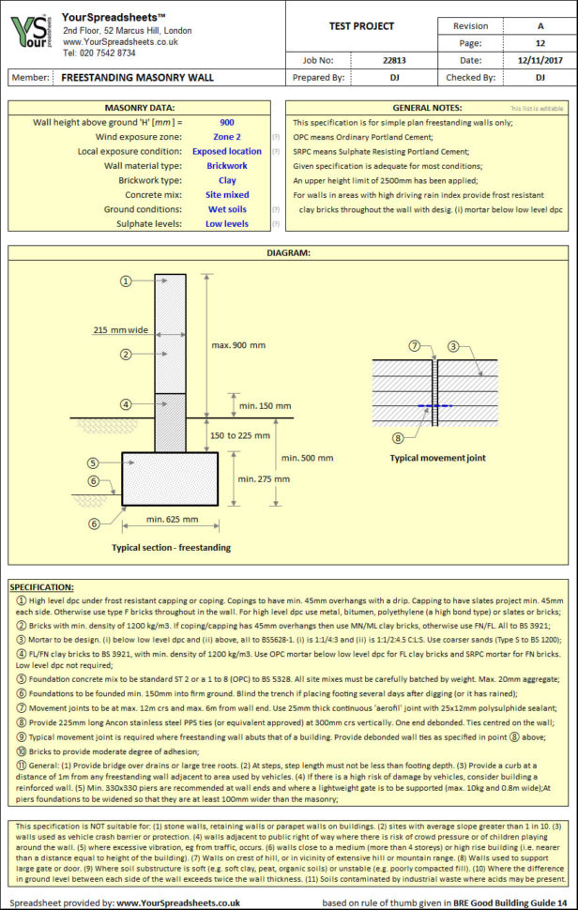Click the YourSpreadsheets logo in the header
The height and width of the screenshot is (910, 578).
(32, 35)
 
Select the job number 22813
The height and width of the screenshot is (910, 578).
(394, 60)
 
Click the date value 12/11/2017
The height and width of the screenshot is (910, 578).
(540, 60)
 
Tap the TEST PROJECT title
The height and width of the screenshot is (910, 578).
(361, 26)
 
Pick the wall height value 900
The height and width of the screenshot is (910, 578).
(227, 123)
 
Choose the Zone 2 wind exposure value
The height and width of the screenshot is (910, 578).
(227, 137)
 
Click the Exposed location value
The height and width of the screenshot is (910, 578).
(227, 151)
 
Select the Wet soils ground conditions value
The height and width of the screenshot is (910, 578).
(227, 209)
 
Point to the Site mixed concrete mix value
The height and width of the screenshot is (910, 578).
(227, 195)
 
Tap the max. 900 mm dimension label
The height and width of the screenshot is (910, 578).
(238, 345)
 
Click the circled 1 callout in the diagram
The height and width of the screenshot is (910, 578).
(124, 281)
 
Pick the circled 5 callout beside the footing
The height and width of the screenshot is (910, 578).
(93, 463)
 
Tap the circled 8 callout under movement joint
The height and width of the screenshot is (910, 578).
(398, 437)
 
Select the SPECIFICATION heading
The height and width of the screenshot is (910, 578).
(42, 586)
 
